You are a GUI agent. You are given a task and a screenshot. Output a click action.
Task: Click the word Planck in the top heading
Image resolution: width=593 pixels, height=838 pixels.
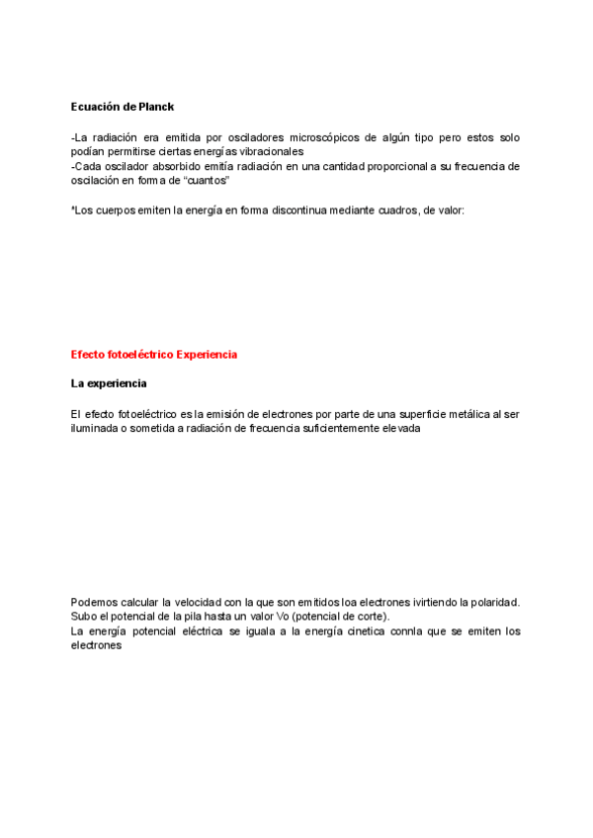click(x=155, y=106)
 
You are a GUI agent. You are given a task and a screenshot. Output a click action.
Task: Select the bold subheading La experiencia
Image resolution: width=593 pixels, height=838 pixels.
click(x=109, y=382)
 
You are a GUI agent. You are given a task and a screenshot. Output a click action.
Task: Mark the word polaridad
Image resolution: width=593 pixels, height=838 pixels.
click(x=492, y=602)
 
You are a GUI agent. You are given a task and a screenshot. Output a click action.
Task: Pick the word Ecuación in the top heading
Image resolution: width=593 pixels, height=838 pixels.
click(x=95, y=106)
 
